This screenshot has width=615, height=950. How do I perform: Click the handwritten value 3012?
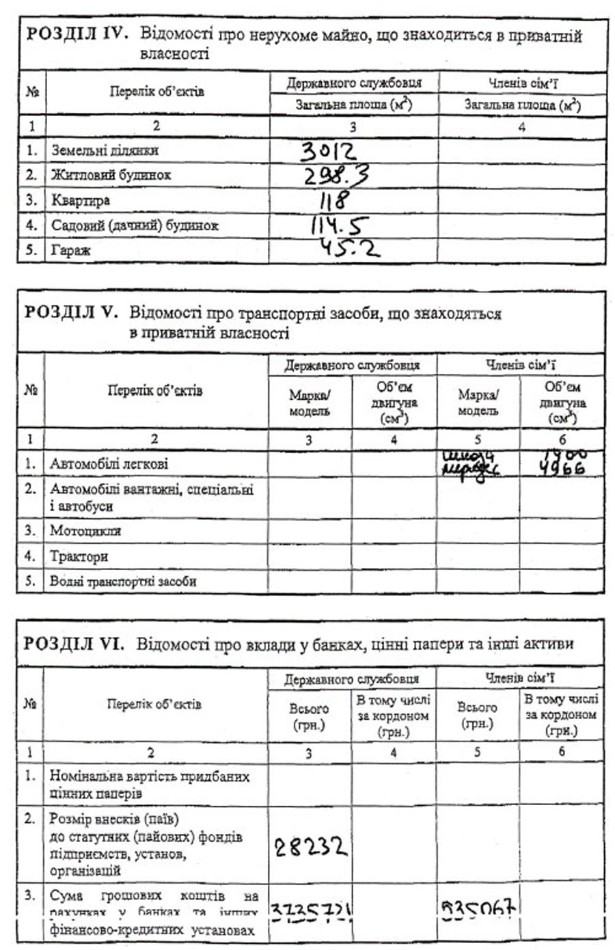[329, 150]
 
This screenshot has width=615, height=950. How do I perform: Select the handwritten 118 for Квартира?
[335, 200]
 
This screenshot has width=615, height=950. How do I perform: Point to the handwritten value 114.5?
[340, 225]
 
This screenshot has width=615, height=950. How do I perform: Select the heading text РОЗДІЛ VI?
[74, 643]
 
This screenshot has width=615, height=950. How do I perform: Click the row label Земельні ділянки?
[105, 150]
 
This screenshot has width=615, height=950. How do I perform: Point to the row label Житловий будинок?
[111, 175]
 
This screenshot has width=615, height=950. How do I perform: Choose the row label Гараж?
[71, 250]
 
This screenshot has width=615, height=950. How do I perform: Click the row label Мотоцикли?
[85, 530]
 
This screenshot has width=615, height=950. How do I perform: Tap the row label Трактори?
[79, 556]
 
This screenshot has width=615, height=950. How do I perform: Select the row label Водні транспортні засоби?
[123, 582]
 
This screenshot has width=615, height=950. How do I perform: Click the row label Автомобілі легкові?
[108, 464]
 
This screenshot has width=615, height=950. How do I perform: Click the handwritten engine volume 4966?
[562, 470]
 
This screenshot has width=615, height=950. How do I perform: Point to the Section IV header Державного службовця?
[354, 83]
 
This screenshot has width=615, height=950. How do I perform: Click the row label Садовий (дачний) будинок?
[135, 226]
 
